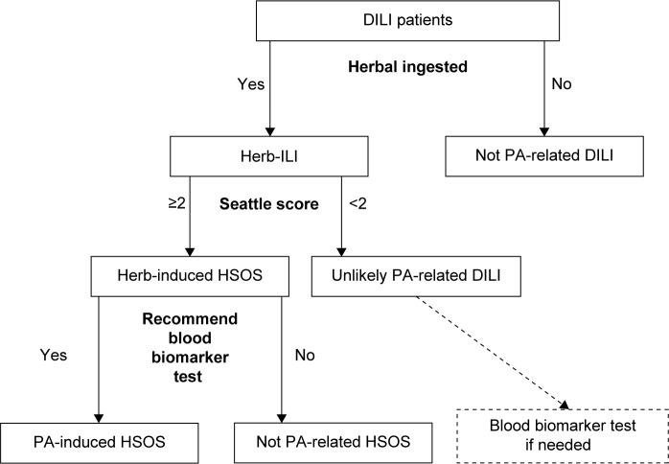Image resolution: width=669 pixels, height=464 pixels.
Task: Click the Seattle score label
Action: tap(269, 205)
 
